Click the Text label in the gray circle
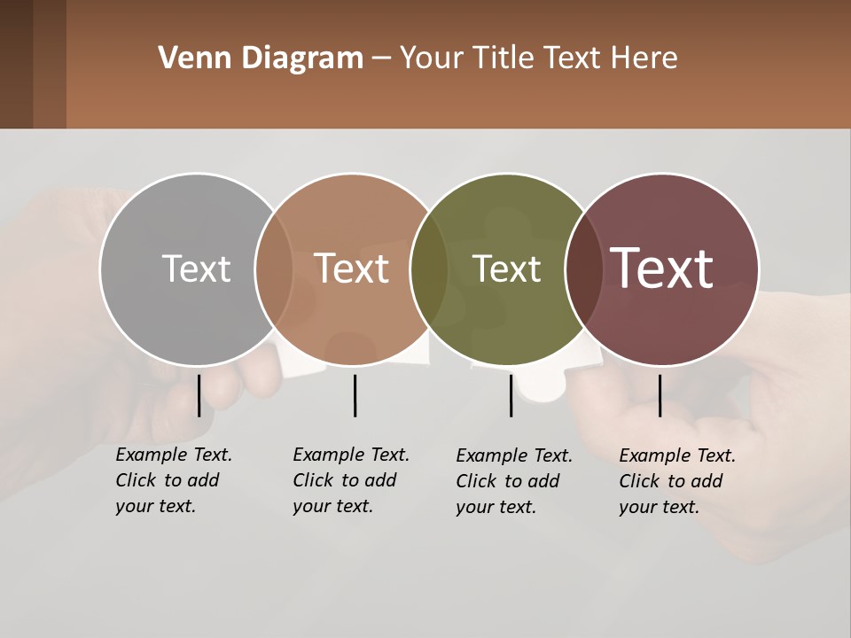coord(196,268)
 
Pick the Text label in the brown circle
coord(352,268)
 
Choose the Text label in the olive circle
coord(506,268)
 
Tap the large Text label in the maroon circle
coord(662,268)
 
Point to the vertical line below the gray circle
coord(199,395)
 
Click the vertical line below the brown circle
coord(355,395)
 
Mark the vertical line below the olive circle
coord(511,395)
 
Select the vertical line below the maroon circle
coord(660,395)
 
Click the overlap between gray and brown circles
coord(274,268)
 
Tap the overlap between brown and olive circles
coord(429,268)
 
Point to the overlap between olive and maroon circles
coord(584,268)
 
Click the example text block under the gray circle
coord(173,480)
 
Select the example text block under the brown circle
coord(350,480)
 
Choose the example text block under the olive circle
coord(513,481)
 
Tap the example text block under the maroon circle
coord(676,481)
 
